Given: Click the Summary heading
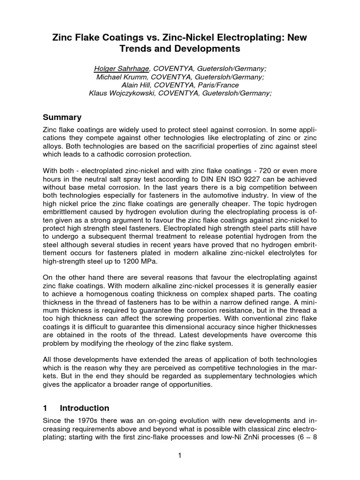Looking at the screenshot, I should point(62,117).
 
